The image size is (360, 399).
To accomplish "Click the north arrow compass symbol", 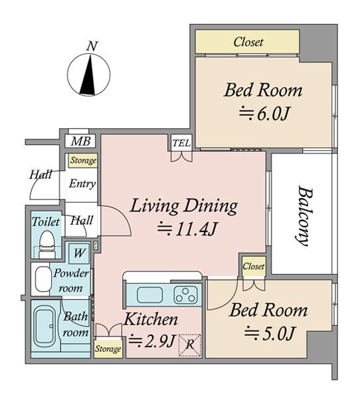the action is click(89, 74).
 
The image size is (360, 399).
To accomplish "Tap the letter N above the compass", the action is click(92, 46).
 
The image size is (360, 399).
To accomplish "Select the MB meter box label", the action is click(80, 141).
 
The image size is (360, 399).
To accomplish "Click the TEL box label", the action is click(181, 143).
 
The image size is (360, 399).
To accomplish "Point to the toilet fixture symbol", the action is click(46, 244).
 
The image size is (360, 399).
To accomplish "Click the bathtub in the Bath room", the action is click(45, 327).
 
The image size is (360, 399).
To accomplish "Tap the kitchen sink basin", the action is click(149, 295).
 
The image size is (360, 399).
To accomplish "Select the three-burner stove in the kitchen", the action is click(185, 295).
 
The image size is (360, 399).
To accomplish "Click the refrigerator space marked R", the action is click(190, 345).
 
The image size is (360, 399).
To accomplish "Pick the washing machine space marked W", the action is click(79, 253).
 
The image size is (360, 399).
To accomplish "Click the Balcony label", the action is click(304, 216).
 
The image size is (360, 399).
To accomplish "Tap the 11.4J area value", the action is click(187, 229).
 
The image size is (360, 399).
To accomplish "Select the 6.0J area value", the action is click(264, 114).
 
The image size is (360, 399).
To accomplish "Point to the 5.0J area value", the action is click(270, 334).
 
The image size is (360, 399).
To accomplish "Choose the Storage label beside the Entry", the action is click(83, 160).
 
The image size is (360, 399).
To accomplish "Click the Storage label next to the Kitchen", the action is click(108, 348).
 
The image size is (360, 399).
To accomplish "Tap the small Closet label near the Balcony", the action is click(253, 266).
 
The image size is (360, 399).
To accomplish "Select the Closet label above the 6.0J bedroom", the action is click(248, 42).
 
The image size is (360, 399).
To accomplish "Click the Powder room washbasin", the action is click(43, 279).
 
